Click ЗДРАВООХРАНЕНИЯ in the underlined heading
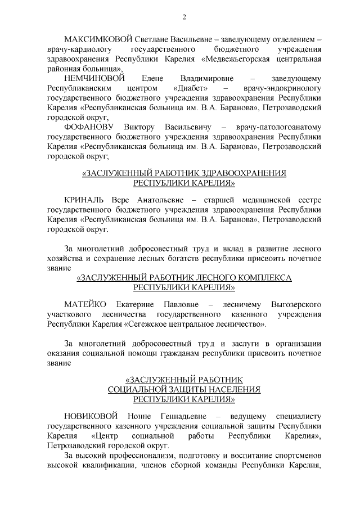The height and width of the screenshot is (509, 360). point(240,174)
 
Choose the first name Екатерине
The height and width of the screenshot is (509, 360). point(138,305)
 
